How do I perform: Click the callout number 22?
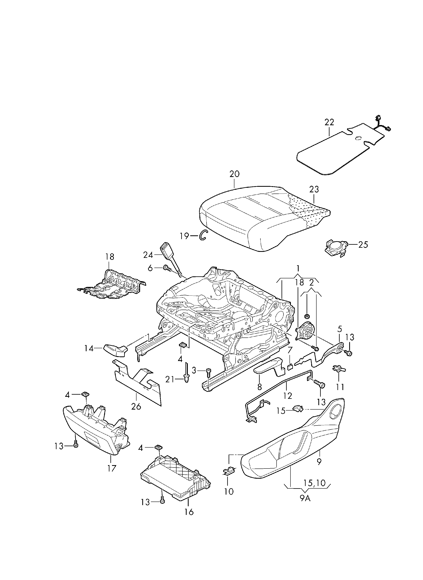click(x=329, y=122)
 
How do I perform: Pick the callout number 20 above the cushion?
click(x=235, y=174)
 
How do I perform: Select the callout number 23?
click(x=314, y=190)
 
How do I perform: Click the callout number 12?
click(x=288, y=396)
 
